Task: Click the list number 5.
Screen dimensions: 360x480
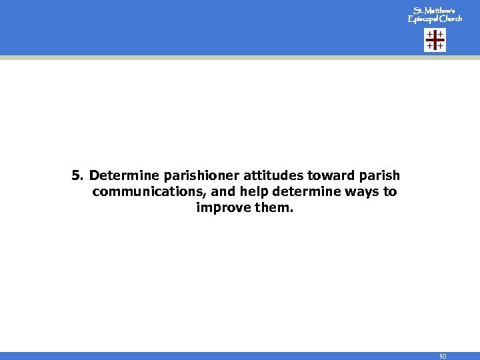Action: click(77, 176)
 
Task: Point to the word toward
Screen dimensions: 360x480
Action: click(327, 176)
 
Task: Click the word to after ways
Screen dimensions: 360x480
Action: click(389, 192)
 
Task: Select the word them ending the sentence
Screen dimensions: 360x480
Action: click(271, 208)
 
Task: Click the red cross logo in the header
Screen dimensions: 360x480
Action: click(435, 40)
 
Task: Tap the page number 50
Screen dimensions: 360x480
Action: click(442, 357)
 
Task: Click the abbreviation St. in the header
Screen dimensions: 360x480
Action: click(417, 11)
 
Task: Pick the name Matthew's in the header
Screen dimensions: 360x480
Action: click(441, 11)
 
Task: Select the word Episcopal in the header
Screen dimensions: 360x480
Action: click(423, 19)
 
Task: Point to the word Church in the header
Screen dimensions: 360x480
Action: click(451, 19)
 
